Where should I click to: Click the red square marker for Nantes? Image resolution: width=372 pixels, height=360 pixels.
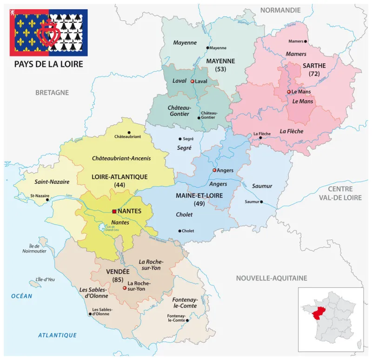click(114, 211)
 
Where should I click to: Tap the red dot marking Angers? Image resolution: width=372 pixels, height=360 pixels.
click(214, 170)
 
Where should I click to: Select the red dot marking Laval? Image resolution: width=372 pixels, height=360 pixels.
click(192, 81)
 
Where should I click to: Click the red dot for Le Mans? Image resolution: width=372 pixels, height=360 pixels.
click(289, 92)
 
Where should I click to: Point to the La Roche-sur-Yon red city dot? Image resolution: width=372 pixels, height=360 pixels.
click(125, 288)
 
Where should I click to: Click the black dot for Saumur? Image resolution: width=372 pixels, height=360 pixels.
click(261, 202)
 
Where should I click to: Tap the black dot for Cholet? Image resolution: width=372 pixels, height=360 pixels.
click(179, 231)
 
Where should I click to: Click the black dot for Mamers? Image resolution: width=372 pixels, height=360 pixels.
click(305, 41)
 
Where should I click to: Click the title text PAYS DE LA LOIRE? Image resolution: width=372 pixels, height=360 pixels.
click(48, 64)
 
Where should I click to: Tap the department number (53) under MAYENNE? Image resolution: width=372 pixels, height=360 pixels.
click(220, 69)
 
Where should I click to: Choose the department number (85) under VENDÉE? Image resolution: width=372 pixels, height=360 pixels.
click(118, 279)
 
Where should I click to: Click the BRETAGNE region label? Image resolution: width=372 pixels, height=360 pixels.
click(52, 93)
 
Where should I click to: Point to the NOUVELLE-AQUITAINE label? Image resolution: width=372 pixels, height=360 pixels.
click(272, 278)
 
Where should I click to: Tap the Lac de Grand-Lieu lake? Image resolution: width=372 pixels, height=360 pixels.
click(102, 227)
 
